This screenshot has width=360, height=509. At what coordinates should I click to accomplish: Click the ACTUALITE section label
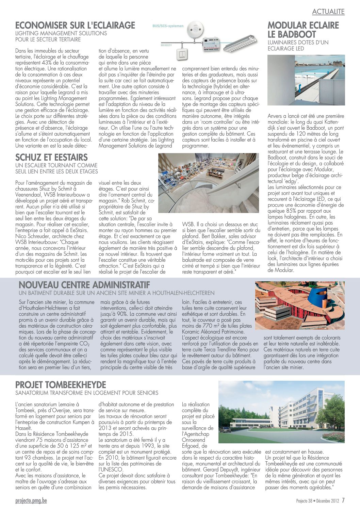coord(328,12)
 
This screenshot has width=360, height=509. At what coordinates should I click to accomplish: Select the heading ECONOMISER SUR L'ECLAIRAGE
coord(75,26)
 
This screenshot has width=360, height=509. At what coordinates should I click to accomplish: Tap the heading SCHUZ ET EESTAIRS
coord(51,158)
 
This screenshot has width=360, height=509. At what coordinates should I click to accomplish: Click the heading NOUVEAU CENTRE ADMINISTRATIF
coord(84,285)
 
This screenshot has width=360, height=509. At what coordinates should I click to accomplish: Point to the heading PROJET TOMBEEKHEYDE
coord(61,385)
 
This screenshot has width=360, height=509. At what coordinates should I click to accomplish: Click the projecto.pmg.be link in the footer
coord(31,500)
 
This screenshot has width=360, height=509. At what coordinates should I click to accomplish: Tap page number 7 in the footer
coord(343,500)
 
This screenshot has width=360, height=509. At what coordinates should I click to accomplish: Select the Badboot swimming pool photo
coord(306,80)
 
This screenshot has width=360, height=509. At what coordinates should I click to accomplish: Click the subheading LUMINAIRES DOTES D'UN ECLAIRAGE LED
coord(298,46)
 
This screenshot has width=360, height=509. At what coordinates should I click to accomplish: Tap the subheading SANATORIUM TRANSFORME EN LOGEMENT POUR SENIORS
coord(87,393)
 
